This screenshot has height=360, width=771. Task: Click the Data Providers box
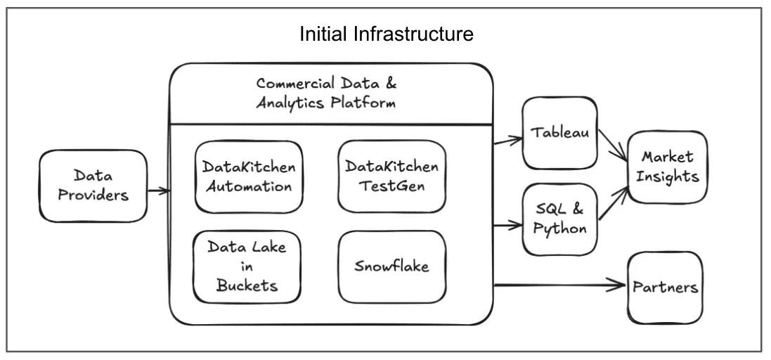pyautogui.click(x=93, y=185)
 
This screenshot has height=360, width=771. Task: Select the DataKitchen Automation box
pyautogui.click(x=247, y=177)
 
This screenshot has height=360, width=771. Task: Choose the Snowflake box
pyautogui.click(x=391, y=266)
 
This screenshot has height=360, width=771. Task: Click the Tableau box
pyautogui.click(x=559, y=133)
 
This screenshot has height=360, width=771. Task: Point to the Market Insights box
pyautogui.click(x=667, y=166)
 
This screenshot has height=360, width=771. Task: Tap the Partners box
pyautogui.click(x=665, y=286)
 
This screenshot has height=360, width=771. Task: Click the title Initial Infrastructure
pyautogui.click(x=386, y=34)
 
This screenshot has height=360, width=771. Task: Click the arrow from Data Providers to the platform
pyautogui.click(x=159, y=190)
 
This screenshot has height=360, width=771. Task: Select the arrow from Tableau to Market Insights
pyautogui.click(x=611, y=148)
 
